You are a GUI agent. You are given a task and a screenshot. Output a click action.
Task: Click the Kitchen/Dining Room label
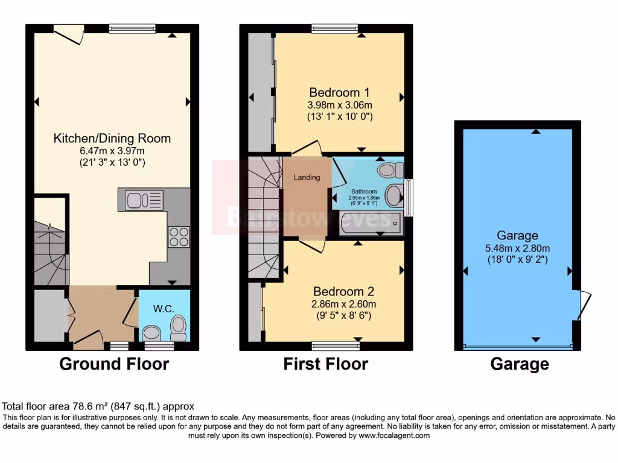pyautogui.click(x=112, y=138)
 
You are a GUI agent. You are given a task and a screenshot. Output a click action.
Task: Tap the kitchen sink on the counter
pyautogui.click(x=144, y=200)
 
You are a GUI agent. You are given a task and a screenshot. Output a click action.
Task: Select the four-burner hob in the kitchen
pyautogui.click(x=178, y=237)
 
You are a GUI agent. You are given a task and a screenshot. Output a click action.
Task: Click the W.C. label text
pyautogui.click(x=164, y=309)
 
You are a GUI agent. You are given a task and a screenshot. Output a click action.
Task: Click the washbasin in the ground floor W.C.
pyautogui.click(x=151, y=333)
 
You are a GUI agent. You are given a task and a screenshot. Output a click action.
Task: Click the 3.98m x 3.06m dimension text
pyautogui.click(x=339, y=105)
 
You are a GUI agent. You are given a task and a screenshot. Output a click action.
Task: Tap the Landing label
pyautogui.click(x=307, y=177)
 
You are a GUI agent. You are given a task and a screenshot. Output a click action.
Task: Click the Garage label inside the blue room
pyautogui.click(x=517, y=235)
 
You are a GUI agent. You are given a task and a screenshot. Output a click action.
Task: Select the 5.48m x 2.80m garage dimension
pyautogui.click(x=517, y=248)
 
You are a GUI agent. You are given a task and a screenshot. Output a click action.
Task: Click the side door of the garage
pyautogui.click(x=582, y=305)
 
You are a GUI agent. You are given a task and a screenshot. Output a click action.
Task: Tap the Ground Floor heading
pyautogui.click(x=114, y=364)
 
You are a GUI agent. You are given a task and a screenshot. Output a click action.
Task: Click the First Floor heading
pyautogui.click(x=325, y=364)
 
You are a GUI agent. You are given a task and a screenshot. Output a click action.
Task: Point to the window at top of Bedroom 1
pyautogui.click(x=335, y=28)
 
